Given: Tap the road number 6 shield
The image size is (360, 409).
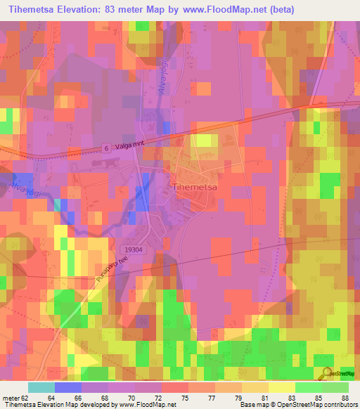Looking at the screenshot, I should tap(104, 148).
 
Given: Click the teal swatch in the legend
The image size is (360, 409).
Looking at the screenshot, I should tap(41, 387).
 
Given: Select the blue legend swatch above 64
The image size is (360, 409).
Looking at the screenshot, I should tap(68, 387).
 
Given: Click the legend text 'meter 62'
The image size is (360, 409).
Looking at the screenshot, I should tap(15, 397).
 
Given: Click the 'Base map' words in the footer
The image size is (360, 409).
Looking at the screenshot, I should tap(255, 405).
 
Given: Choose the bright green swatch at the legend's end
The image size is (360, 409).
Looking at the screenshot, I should tap(335, 387).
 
